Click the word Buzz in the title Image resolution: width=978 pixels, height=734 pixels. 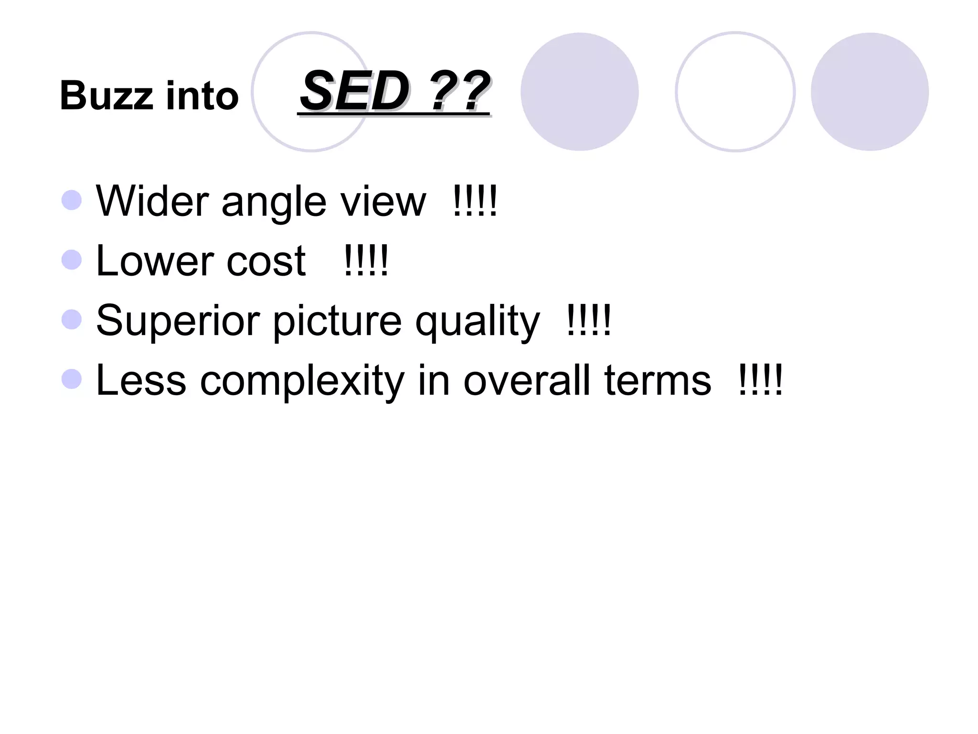click(106, 96)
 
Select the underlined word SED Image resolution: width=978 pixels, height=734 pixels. click(354, 91)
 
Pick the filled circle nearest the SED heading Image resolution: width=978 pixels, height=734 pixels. click(579, 92)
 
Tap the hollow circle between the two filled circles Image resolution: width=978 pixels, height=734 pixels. click(735, 92)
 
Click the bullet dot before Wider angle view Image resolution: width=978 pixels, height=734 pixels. click(72, 200)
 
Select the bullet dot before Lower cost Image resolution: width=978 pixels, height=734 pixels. click(72, 260)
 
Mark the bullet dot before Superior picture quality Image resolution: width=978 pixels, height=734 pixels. click(72, 320)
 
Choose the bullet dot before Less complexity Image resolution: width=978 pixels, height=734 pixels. click(72, 379)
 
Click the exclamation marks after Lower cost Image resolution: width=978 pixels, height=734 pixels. click(366, 260)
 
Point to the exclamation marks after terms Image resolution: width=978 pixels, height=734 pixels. click(760, 380)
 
